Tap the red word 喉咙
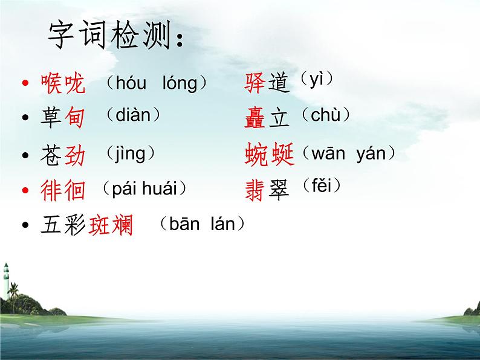[63, 83]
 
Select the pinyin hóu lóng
[156, 83]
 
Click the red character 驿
[255, 83]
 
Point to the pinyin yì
[317, 79]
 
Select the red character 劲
[74, 155]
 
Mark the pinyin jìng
[130, 153]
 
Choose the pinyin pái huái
[144, 188]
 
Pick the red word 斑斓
[111, 227]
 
